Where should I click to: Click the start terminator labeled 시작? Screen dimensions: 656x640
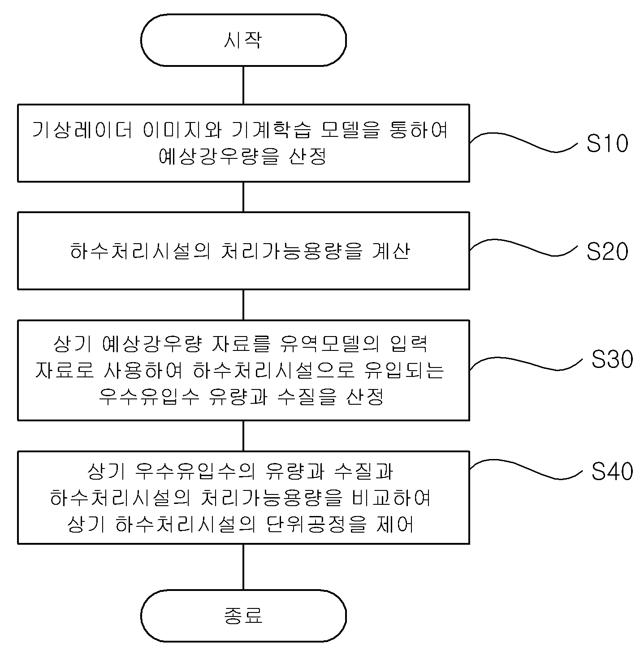243,40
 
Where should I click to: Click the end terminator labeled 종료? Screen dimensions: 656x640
243,615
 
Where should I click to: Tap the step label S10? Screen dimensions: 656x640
607,144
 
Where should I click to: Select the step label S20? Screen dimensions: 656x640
607,252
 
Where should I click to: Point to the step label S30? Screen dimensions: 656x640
612,359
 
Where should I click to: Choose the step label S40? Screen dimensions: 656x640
612,471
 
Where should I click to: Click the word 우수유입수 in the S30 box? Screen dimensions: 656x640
148,397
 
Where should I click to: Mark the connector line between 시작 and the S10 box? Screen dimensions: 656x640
243,85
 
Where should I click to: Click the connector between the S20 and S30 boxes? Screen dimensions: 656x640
243,305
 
